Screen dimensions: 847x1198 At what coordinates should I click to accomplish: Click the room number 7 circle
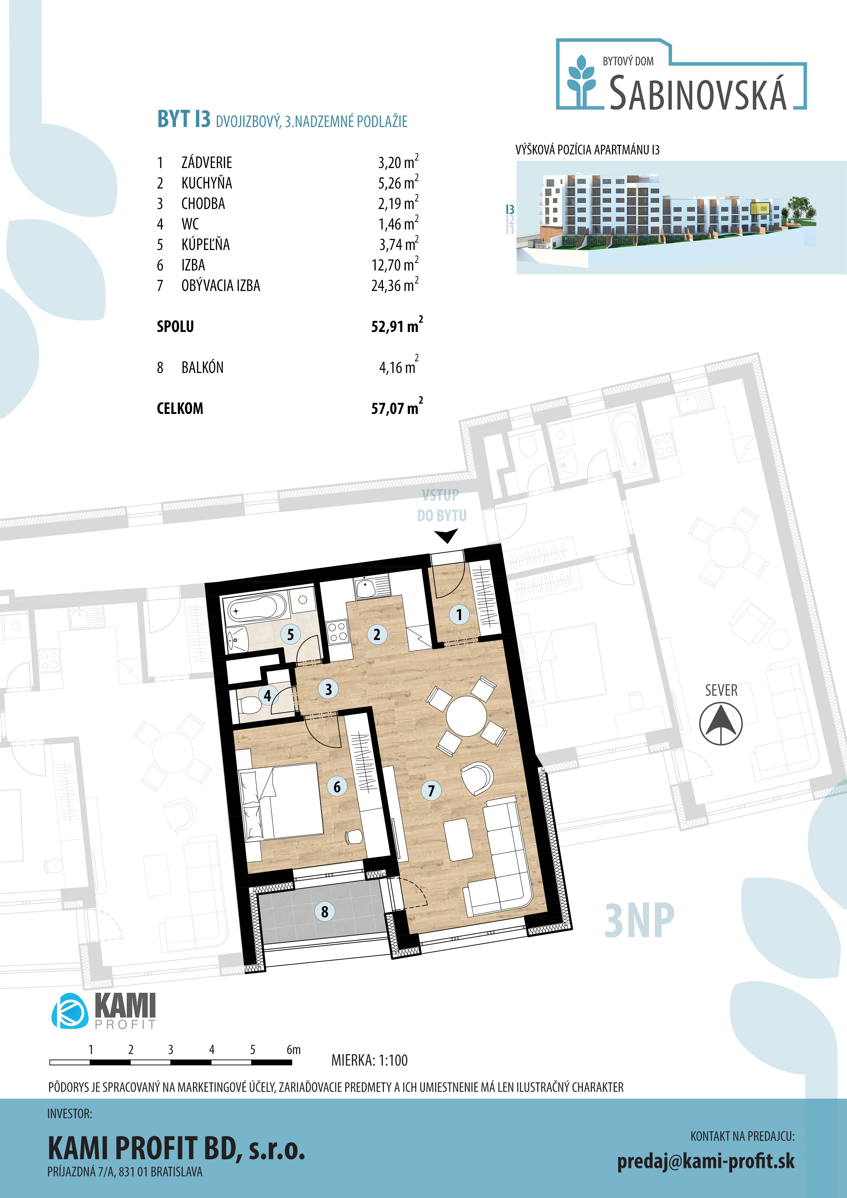pos(431,791)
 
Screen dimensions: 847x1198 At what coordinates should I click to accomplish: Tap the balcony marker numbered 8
pos(324,911)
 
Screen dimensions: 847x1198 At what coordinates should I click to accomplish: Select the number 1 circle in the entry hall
pos(459,615)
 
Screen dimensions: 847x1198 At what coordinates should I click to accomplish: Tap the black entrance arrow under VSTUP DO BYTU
pos(446,536)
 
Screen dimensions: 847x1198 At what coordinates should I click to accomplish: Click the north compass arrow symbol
pos(721,724)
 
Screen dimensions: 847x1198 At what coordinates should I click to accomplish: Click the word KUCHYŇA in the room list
pos(207,183)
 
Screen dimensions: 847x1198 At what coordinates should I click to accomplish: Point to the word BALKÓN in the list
pos(203,367)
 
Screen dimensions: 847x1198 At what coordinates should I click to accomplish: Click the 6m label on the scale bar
pos(293,1049)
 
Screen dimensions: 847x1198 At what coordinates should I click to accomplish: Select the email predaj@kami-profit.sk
pos(706,1161)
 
